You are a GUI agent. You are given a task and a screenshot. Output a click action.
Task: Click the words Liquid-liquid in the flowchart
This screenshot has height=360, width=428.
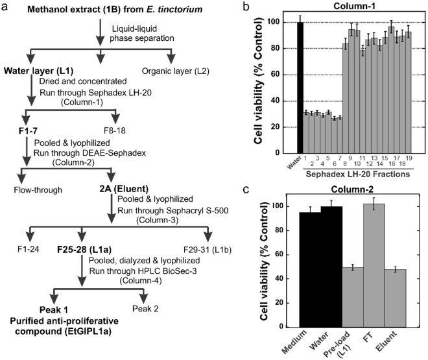(x=126, y=27)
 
